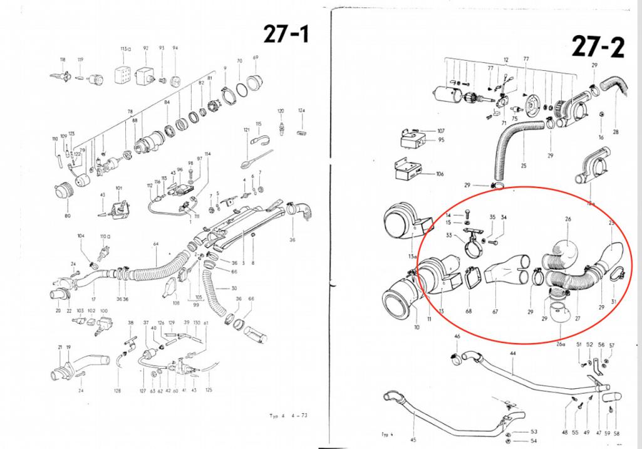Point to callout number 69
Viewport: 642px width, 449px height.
256,58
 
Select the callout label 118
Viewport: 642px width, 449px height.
63,60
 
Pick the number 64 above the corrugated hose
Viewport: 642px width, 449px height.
155,243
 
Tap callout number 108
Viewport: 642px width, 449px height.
176,303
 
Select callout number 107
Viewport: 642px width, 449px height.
440,131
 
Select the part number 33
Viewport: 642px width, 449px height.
466,235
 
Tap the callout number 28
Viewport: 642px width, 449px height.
616,132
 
